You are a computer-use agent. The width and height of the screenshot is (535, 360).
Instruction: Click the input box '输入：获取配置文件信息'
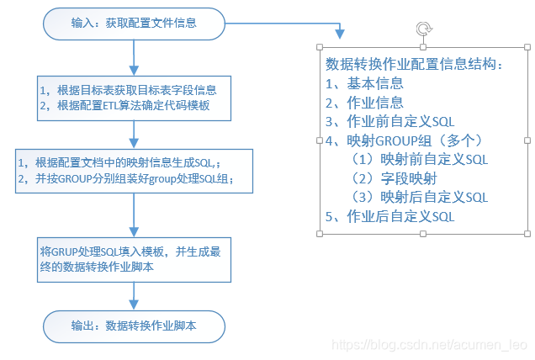134,23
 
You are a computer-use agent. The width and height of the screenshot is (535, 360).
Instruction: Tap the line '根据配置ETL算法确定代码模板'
134,106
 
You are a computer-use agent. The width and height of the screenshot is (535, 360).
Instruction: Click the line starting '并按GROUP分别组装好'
130,179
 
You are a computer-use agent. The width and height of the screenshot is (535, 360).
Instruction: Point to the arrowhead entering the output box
135,304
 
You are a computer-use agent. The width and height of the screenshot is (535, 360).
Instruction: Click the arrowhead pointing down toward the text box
340,34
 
